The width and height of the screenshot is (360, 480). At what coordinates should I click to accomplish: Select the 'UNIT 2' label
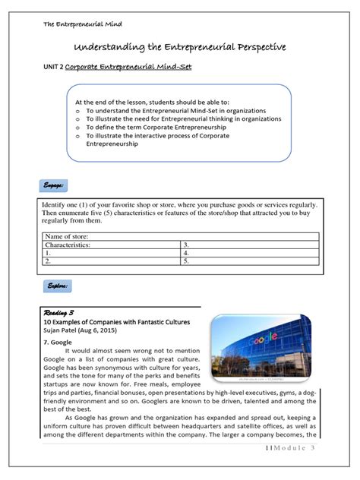click(51, 68)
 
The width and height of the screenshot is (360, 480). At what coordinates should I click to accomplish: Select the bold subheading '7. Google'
click(58, 342)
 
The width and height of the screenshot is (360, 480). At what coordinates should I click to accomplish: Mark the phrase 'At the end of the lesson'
click(129, 101)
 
